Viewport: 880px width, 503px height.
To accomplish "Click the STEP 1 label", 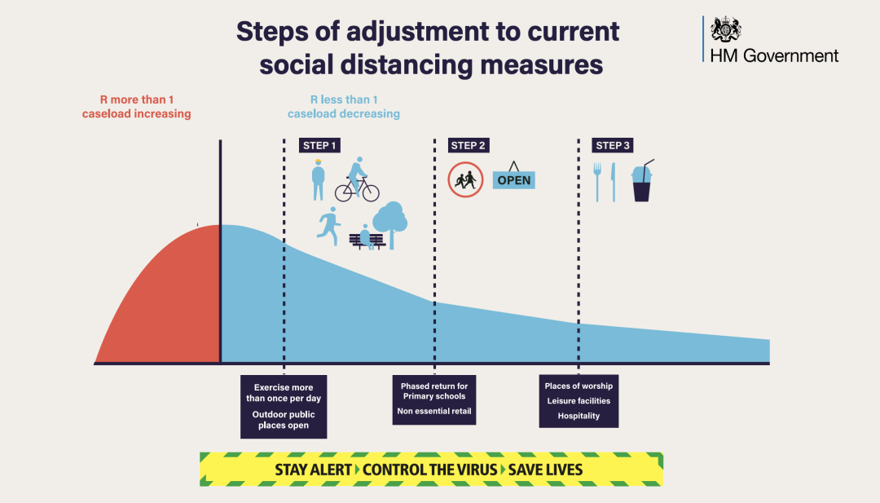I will tap(319, 146).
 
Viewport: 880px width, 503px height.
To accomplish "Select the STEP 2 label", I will tap(469, 146).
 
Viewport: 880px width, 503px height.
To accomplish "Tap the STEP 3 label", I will tap(613, 146).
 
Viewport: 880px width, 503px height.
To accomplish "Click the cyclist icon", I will tap(357, 181).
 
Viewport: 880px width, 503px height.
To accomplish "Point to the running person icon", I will tap(329, 226).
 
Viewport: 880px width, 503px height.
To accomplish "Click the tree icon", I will tap(390, 222).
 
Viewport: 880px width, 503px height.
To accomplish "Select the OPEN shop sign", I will tap(513, 179).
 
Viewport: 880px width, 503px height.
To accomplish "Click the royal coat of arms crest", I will tap(726, 30).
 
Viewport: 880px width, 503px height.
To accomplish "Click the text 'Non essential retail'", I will tap(434, 412).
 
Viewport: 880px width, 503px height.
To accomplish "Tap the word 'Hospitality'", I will tap(579, 416).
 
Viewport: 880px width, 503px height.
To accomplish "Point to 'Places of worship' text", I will tap(579, 386).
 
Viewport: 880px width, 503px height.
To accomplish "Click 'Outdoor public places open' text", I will tap(284, 420).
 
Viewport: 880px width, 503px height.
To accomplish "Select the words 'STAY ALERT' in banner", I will tap(313, 470).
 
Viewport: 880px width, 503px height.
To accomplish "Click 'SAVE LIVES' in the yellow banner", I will tap(545, 470).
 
